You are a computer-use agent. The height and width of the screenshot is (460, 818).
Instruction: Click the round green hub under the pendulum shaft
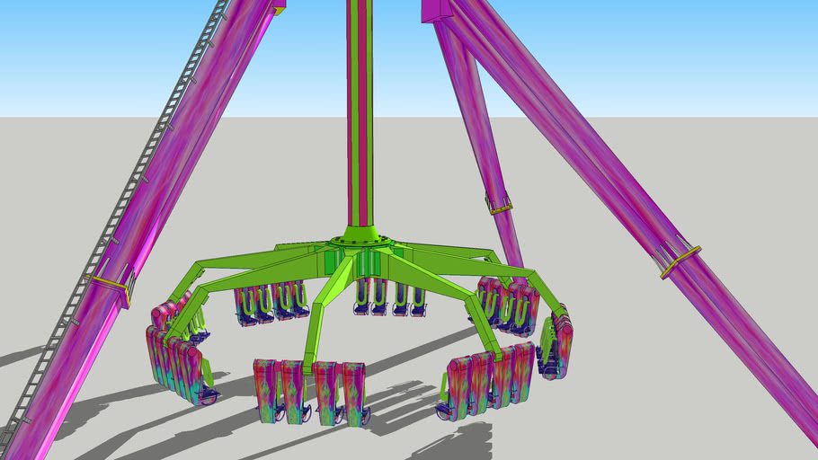[360, 240]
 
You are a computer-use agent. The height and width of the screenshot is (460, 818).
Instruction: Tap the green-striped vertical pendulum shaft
[360, 117]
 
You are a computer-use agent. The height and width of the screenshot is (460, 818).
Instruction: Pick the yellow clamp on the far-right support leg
[680, 260]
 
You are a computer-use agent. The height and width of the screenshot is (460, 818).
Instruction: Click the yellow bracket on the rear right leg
[500, 207]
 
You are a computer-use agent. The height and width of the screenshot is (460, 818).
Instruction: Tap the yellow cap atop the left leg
[280, 10]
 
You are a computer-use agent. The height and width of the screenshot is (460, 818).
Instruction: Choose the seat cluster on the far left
[175, 355]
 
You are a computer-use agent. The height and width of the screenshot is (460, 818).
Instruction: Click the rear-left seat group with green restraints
[269, 301]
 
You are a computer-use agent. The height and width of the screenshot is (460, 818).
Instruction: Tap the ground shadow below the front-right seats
[449, 440]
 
